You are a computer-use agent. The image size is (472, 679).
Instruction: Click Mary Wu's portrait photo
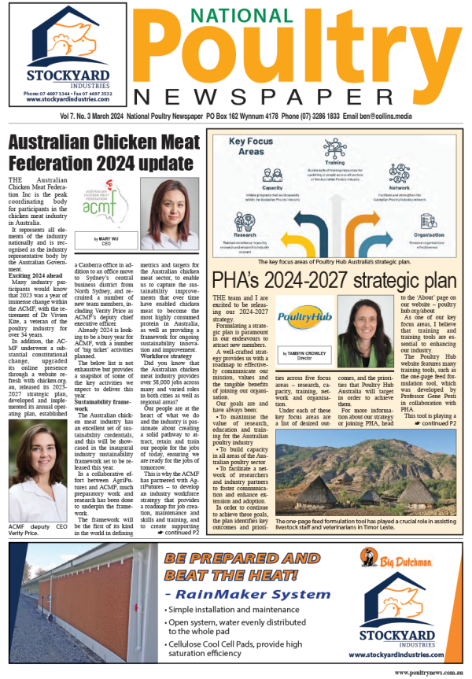point(170,215)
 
